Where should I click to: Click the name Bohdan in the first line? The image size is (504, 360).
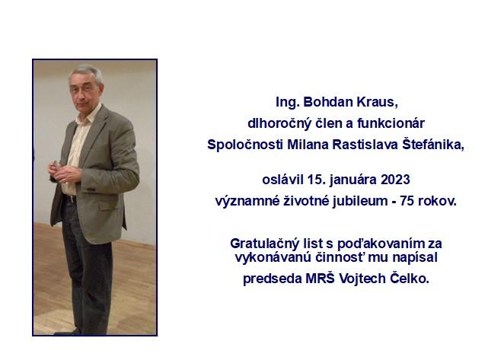(324, 102)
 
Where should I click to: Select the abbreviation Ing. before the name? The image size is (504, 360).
(288, 103)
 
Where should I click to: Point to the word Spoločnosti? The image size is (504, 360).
(245, 145)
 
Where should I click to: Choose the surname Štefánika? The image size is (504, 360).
(433, 145)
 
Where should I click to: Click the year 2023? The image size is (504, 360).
(395, 180)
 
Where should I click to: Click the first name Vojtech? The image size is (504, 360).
(362, 279)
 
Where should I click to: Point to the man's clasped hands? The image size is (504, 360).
(63, 170)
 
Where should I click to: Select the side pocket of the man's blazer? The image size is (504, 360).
(110, 205)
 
